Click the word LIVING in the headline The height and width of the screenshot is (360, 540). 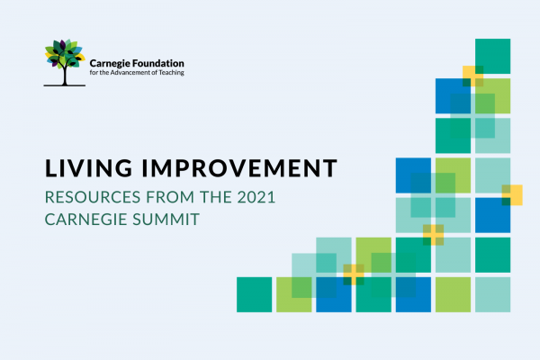(88, 168)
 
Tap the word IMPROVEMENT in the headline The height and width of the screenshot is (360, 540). (239, 168)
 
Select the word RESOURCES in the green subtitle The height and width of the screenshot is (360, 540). (93, 197)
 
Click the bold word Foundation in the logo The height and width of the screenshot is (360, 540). (158, 63)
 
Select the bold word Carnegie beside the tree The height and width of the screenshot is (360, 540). (110, 64)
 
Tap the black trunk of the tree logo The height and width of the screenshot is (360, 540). (65, 75)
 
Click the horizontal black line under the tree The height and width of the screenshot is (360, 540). (65, 85)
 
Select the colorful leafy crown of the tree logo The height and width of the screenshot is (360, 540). (65, 53)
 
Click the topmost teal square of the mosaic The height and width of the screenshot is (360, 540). (493, 56)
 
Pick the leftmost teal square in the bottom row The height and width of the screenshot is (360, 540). (254, 294)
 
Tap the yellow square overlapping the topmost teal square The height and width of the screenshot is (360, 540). (472, 76)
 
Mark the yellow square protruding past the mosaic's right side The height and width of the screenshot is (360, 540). (512, 195)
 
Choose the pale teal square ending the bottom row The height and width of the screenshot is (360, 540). (493, 294)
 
